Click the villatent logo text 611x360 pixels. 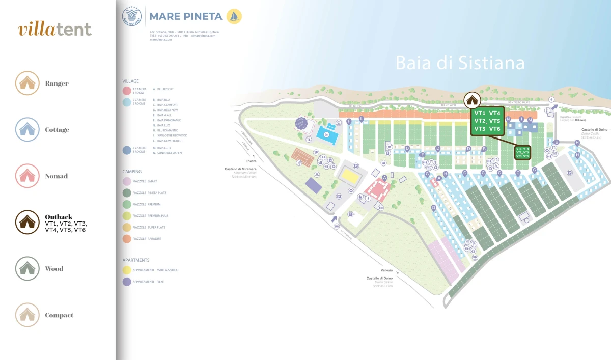click(x=55, y=30)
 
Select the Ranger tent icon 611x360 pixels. click(x=27, y=83)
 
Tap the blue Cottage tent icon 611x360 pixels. click(x=27, y=129)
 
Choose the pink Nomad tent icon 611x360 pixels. click(x=27, y=176)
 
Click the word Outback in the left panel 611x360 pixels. click(x=59, y=217)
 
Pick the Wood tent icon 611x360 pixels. click(x=27, y=268)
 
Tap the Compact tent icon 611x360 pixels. click(x=27, y=315)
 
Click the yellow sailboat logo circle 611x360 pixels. click(x=234, y=16)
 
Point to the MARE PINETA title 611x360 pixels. click(x=185, y=17)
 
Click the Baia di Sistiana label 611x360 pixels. click(x=460, y=63)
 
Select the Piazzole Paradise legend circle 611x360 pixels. click(x=127, y=239)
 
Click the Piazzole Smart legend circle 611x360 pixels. click(x=127, y=181)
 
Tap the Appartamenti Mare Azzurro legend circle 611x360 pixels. click(x=127, y=270)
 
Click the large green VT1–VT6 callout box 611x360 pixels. click(x=487, y=121)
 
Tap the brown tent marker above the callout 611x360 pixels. click(x=471, y=100)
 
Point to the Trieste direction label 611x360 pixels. click(x=251, y=161)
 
